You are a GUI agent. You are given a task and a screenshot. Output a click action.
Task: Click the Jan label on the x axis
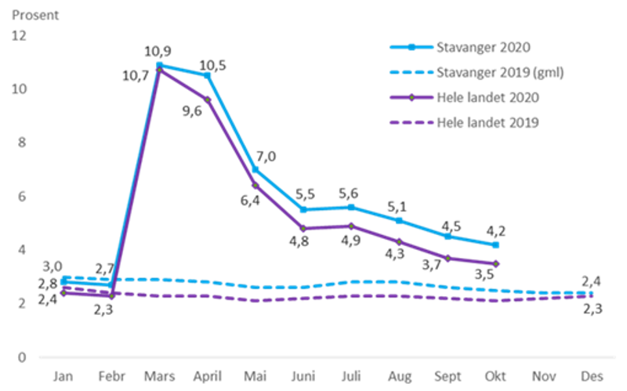tap(62, 376)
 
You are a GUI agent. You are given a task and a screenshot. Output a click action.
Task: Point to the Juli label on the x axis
tap(351, 376)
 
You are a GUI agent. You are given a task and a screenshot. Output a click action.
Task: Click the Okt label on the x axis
tap(496, 376)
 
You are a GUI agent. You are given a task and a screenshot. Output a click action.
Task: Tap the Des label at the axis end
tap(593, 376)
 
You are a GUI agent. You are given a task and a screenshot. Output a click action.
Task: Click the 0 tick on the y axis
tap(22, 357)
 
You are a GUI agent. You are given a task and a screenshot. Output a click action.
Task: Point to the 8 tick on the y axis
tap(22, 143)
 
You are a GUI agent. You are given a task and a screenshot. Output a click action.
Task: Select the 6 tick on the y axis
tap(22, 196)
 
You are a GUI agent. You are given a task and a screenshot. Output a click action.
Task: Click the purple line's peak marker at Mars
tap(159, 71)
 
